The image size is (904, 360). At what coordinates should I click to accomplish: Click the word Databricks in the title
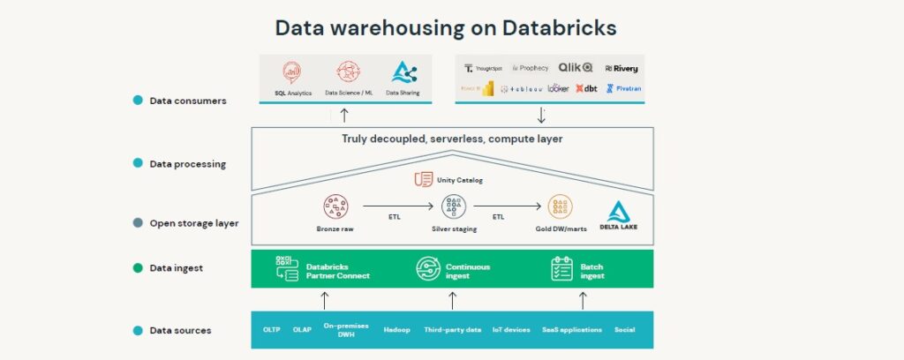(x=559, y=26)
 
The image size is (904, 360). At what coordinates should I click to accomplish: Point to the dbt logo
(x=587, y=88)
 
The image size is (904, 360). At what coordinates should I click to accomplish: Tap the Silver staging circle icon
(x=454, y=207)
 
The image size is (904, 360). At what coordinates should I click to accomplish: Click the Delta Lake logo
(x=622, y=215)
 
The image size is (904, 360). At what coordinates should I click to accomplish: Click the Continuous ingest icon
(x=428, y=268)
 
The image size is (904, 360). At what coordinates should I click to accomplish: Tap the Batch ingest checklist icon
(x=562, y=268)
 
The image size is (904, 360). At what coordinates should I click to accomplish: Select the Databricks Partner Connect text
(x=338, y=271)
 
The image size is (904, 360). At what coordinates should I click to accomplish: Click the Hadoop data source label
(x=396, y=330)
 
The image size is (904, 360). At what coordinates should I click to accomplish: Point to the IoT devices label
(x=511, y=330)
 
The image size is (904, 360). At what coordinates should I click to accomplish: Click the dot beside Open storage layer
(x=138, y=223)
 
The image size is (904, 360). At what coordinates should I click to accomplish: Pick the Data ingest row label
(x=176, y=268)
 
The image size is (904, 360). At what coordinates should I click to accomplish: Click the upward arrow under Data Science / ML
(x=344, y=115)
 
